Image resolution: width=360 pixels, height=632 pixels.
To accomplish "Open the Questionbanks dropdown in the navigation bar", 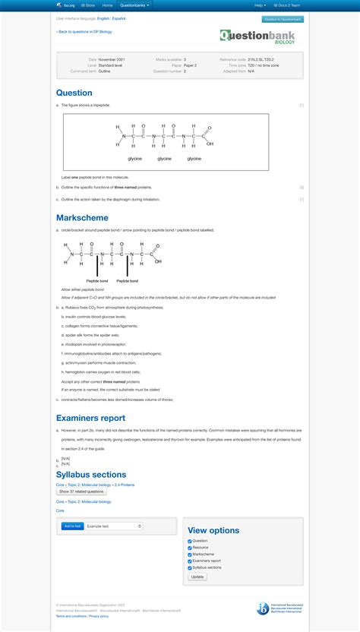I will click(x=134, y=5).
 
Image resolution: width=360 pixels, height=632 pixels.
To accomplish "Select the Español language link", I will click(x=119, y=17).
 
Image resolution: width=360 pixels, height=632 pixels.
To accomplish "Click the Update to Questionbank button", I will click(x=283, y=19).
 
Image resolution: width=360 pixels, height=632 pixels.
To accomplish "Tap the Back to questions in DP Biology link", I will click(x=84, y=32).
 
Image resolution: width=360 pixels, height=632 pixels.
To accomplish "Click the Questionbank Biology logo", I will click(x=257, y=36).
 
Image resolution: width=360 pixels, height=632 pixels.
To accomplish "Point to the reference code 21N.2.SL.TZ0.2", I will click(x=264, y=59).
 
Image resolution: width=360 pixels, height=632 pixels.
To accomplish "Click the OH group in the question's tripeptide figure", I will click(x=210, y=143).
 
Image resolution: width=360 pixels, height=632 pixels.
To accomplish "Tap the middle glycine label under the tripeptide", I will click(x=165, y=159).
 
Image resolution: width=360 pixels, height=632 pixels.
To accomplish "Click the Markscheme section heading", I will click(x=81, y=218).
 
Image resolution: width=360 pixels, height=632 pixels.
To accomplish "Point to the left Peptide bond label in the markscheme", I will click(x=97, y=281).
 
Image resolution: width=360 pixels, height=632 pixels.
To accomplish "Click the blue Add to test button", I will click(x=73, y=526).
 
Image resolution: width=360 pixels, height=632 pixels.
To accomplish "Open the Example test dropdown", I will click(x=114, y=526).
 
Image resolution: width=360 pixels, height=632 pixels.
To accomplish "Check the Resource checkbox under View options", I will click(x=190, y=548).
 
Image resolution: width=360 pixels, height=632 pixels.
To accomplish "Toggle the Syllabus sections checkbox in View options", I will click(x=190, y=567).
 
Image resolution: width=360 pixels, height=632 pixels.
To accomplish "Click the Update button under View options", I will click(x=197, y=577).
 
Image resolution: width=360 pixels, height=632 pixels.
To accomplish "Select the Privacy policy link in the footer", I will click(x=99, y=616).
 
